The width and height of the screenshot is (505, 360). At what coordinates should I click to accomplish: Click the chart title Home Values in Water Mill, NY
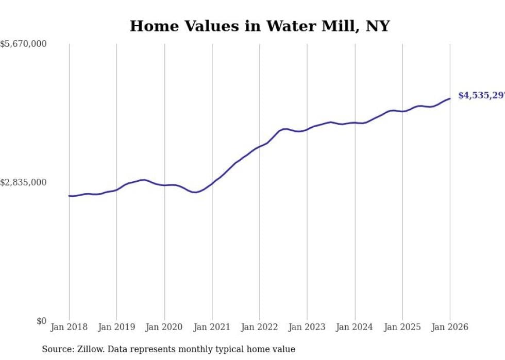coord(259,26)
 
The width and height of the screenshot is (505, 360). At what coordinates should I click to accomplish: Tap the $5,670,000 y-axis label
coord(23,44)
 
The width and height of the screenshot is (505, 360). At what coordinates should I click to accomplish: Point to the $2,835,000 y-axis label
coord(23,182)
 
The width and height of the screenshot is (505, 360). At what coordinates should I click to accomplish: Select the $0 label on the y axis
coord(41,321)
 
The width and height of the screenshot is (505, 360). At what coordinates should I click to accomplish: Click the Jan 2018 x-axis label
coord(69,327)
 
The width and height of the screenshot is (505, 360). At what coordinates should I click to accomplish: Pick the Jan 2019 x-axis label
coord(116,327)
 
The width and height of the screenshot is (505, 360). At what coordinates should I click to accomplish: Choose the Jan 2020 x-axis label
coord(164,327)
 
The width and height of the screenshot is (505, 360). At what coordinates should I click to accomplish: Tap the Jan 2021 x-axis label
coord(212,327)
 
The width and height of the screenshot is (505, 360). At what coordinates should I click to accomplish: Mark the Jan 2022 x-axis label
coord(260,327)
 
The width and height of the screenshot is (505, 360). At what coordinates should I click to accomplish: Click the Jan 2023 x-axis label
coord(307,327)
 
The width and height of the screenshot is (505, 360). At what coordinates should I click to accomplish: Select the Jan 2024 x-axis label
coord(355,327)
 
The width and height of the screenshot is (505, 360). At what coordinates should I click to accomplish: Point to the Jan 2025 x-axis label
coord(402,327)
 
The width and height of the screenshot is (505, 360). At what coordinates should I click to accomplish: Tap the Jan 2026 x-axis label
coord(450,327)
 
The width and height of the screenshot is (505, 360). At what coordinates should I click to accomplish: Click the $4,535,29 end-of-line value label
coord(481,96)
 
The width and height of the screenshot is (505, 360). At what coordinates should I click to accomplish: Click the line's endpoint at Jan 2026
coord(450,98)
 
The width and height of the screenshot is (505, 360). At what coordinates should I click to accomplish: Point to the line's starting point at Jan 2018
coord(69,196)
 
